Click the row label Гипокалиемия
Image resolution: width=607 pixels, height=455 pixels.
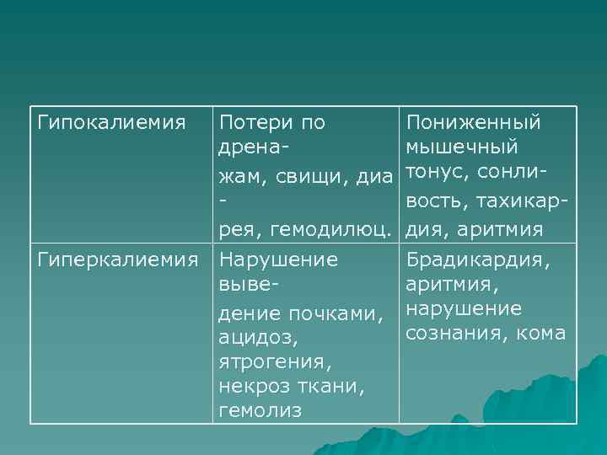tap(111, 123)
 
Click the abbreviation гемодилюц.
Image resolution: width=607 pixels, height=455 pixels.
tap(340, 229)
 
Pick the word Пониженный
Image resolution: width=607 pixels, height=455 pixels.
tap(474, 123)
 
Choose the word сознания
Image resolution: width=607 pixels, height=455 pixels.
tap(450, 334)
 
